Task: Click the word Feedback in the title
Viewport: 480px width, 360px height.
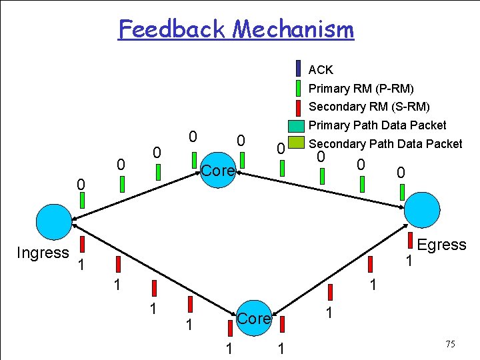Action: point(173,29)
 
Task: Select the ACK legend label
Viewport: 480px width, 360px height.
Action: point(321,69)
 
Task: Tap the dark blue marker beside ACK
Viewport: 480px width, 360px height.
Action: point(298,69)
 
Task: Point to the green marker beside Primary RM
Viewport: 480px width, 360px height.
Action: point(298,88)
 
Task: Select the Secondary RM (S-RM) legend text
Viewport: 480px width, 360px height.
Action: point(369,107)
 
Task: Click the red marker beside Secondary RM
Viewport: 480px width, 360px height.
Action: point(298,107)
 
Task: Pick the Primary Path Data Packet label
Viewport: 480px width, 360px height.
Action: point(378,125)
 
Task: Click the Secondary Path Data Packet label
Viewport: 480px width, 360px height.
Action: point(386,143)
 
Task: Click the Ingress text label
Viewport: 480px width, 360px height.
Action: point(43,253)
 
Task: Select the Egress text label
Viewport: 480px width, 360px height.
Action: point(441,245)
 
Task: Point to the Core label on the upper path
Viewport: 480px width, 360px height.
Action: point(218,171)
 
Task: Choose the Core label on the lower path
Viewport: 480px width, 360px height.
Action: point(254,319)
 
